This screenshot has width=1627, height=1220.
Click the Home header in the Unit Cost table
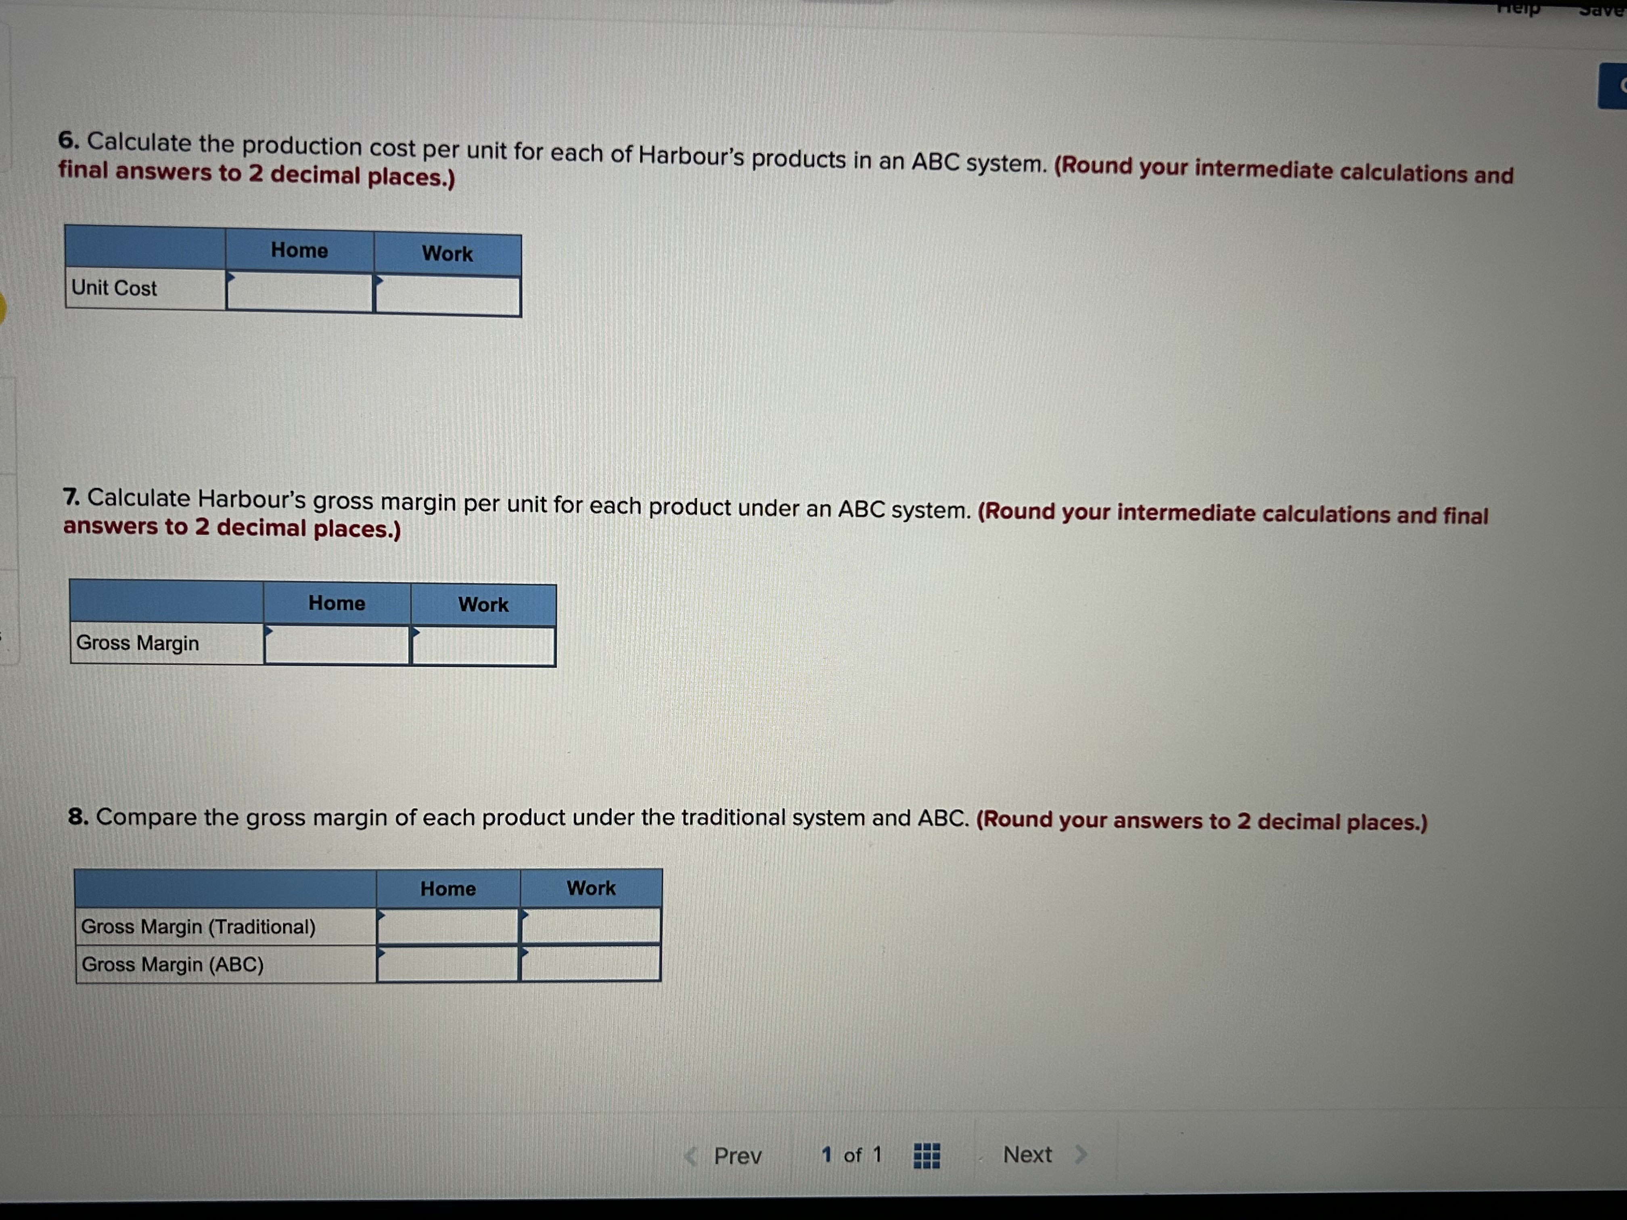point(299,250)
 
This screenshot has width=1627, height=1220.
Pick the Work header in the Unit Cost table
point(447,254)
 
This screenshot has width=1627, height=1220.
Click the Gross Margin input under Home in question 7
point(337,645)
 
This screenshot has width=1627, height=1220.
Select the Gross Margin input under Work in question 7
point(483,646)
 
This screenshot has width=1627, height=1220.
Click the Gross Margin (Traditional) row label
point(199,927)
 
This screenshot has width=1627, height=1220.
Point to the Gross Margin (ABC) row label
point(173,964)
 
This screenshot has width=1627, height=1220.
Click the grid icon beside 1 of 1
point(926,1155)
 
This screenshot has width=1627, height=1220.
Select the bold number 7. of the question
point(71,498)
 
